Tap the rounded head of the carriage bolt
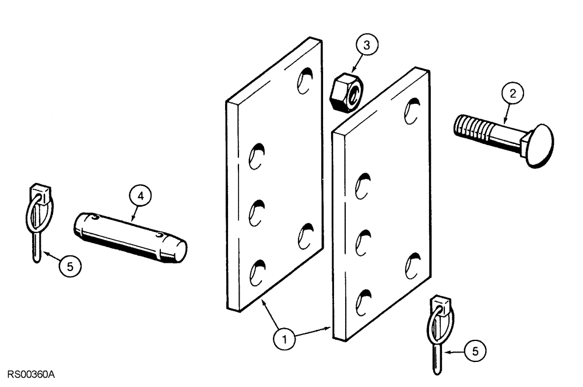coord(540,145)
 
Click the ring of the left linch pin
coord(36,213)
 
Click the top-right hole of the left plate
coord(305,80)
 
